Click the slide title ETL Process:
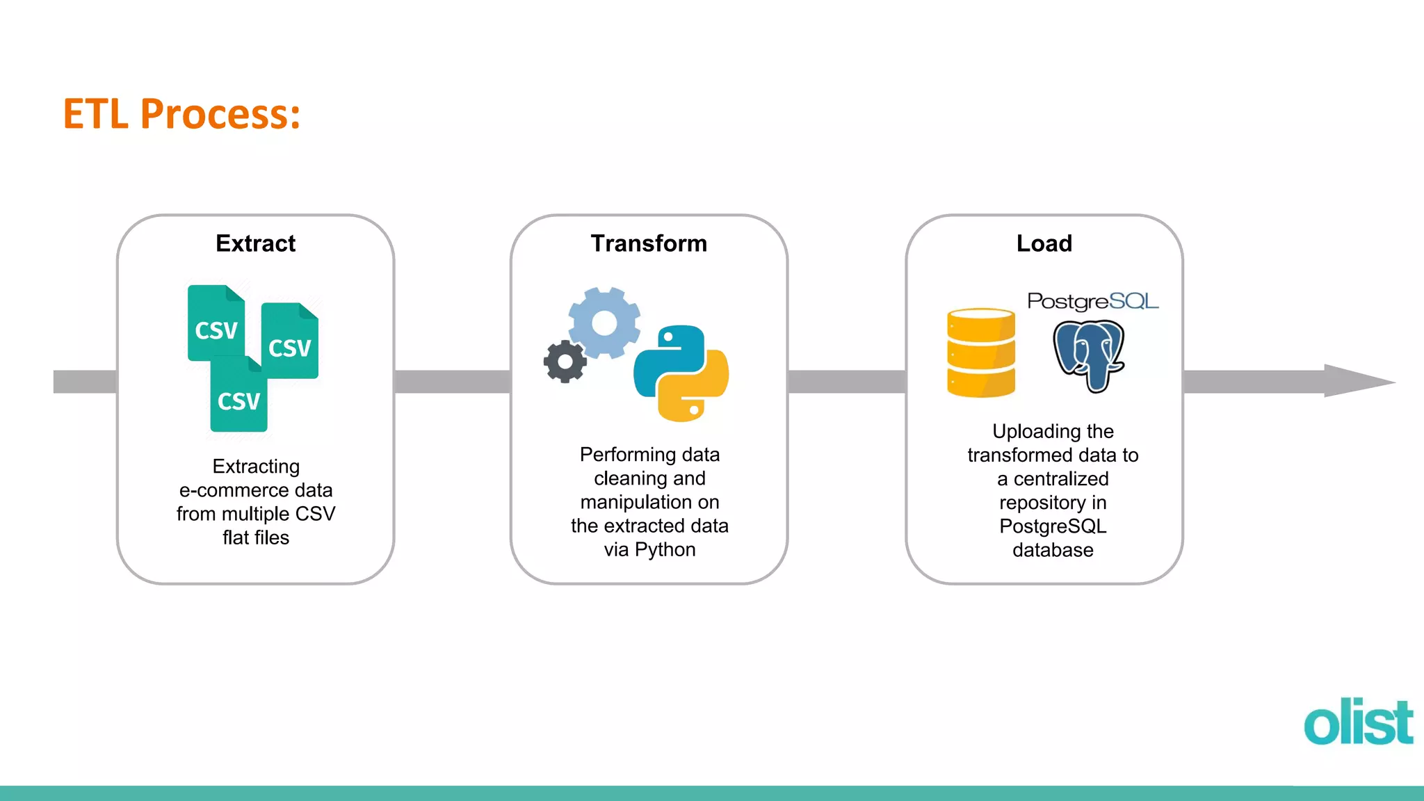[181, 114]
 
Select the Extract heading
[255, 243]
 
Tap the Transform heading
[649, 243]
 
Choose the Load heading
[1044, 243]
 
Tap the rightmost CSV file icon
[291, 342]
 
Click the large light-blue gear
[604, 323]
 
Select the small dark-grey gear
[565, 362]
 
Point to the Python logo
[681, 373]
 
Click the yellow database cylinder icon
[980, 353]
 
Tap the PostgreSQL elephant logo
[1088, 355]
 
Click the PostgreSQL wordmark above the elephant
[1092, 301]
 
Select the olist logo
[1358, 722]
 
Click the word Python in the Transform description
[665, 549]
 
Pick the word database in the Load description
[1053, 550]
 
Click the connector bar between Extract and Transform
[452, 382]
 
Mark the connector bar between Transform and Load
[846, 382]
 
